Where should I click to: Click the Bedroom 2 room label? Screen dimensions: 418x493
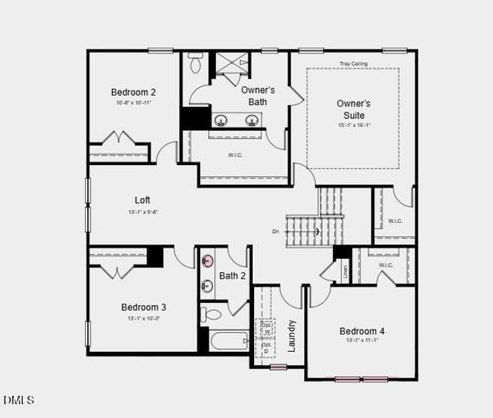(133, 92)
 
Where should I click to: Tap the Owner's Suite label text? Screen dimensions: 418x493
(354, 109)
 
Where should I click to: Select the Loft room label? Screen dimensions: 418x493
(142, 200)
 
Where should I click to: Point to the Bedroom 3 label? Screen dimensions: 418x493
(143, 307)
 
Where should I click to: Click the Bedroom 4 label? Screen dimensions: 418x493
(361, 331)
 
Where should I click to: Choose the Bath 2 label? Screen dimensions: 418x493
(233, 276)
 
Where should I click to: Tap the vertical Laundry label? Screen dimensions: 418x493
(292, 335)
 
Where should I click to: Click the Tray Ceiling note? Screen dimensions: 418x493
(353, 64)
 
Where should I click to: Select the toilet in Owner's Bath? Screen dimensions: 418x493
(195, 64)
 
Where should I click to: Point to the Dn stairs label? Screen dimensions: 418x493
(276, 231)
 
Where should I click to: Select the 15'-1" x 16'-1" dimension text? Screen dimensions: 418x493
(354, 125)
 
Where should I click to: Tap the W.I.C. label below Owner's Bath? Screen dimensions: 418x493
(235, 155)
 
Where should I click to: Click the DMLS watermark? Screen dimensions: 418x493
(19, 400)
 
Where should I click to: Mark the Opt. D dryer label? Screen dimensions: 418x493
(266, 348)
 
